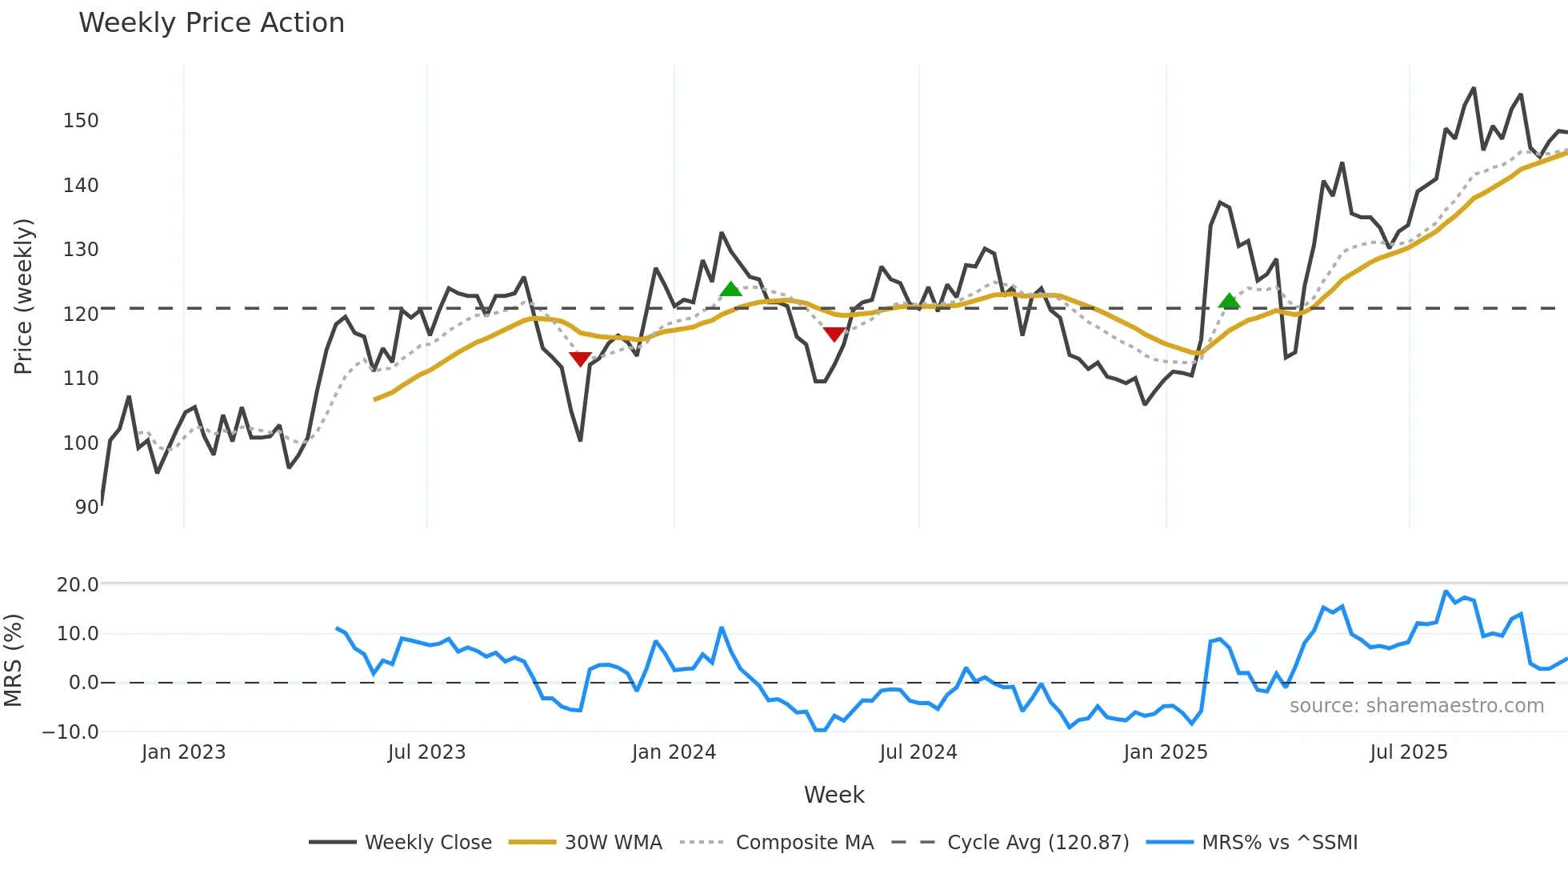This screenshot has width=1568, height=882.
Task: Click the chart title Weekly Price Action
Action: pos(211,23)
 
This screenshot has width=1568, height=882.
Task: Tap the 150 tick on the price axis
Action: pos(81,121)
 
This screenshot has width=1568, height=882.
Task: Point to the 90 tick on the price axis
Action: pos(86,507)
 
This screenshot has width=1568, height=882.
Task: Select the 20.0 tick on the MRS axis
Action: pos(78,585)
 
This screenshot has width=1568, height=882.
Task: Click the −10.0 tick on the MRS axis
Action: pos(70,732)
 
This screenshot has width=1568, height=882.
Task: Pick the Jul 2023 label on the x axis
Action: pos(426,752)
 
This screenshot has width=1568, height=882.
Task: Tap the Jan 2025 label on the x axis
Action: pos(1165,752)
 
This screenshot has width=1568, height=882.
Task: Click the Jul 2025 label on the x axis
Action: pos(1408,752)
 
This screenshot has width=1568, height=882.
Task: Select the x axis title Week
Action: pos(834,795)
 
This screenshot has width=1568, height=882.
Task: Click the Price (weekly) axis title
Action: pos(23,296)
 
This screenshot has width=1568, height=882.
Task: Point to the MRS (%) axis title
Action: pos(13,660)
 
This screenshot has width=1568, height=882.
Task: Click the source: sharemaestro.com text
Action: pos(1416,706)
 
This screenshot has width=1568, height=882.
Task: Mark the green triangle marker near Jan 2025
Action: pos(1229,302)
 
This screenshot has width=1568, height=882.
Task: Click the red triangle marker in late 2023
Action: pos(580,359)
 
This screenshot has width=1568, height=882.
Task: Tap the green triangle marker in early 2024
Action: pos(730,290)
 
